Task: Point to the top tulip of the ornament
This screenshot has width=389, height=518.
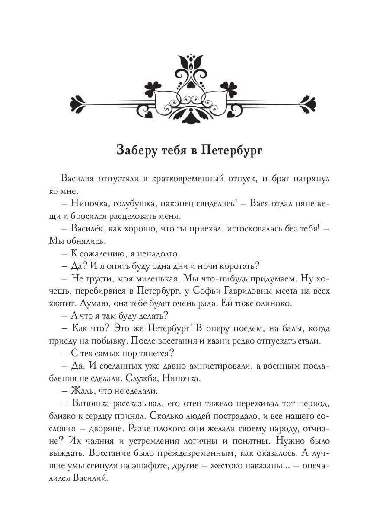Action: pyautogui.click(x=194, y=62)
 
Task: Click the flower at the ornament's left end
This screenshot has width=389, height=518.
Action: pyautogui.click(x=80, y=105)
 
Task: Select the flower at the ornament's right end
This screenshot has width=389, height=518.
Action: pyautogui.click(x=309, y=105)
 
